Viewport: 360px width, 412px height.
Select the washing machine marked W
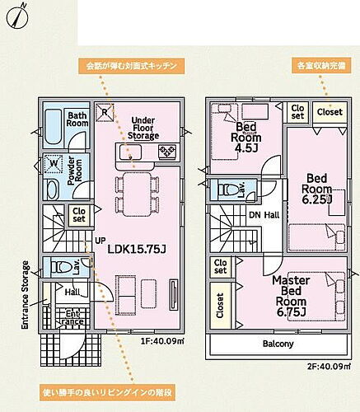pos(52,163)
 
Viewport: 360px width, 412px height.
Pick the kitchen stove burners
pos(167,150)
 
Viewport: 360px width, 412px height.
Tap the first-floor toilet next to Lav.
pos(58,266)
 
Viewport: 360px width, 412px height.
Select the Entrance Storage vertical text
pos(25,295)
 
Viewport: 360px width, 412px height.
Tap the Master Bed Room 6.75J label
pos(290,295)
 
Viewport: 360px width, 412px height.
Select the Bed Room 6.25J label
pos(318,187)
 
